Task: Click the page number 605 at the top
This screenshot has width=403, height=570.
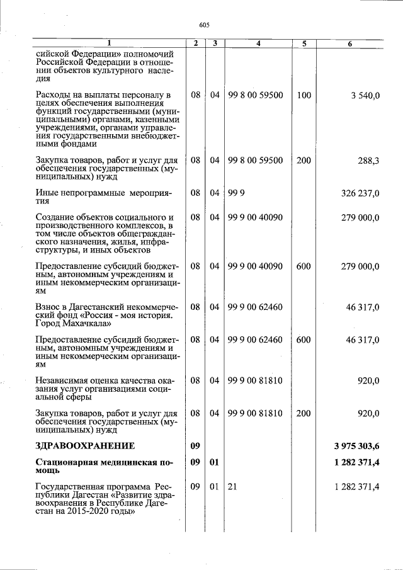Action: coord(203,25)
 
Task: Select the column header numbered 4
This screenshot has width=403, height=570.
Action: coord(259,43)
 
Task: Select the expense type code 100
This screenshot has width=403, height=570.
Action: coord(304,95)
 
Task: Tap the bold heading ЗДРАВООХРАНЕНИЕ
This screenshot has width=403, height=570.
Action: coord(86,446)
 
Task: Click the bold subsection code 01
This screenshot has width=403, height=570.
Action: coord(214,464)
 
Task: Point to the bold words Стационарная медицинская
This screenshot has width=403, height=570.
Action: coord(93,464)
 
